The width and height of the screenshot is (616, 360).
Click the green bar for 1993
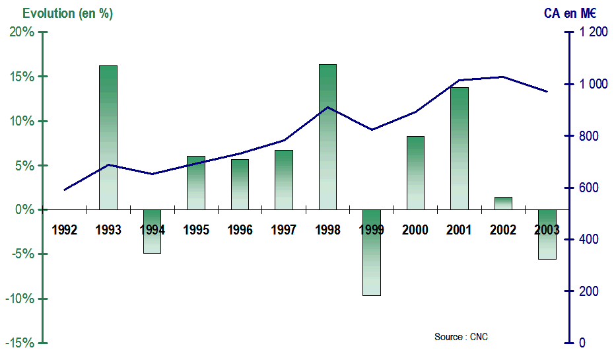click(108, 137)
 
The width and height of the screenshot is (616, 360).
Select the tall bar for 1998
click(327, 137)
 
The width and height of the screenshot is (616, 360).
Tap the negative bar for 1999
click(372, 252)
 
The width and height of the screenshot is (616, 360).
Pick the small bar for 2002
click(503, 203)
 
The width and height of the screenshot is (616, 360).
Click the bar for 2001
click(460, 148)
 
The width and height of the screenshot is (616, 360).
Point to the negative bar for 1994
click(152, 231)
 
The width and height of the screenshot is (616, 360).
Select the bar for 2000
click(415, 172)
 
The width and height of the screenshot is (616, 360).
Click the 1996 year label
click(240, 230)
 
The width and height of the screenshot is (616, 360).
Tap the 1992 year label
click(65, 230)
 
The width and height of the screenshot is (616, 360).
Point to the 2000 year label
click(415, 230)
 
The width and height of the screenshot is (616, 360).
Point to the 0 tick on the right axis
click(582, 343)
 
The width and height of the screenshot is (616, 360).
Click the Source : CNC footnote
click(461, 337)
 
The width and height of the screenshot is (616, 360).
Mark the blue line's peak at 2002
click(503, 77)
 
